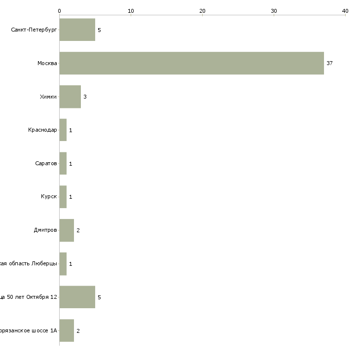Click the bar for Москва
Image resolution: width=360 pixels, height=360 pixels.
191,63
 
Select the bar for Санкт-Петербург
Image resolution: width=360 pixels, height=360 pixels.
77,30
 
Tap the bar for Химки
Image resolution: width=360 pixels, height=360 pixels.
70,97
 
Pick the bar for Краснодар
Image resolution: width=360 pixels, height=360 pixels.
63,130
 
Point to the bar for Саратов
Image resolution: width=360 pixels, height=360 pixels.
63,164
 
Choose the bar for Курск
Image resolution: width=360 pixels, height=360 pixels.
63,197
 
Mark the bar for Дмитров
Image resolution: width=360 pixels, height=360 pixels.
67,230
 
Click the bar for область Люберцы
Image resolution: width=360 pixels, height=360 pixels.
63,264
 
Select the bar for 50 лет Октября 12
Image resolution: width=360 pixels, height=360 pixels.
77,297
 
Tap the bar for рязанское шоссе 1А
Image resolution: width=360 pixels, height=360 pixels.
67,330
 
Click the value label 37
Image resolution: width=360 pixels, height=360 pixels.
329,64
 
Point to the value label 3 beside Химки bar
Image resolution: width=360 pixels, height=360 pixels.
85,97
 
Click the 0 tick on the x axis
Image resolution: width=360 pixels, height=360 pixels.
59,11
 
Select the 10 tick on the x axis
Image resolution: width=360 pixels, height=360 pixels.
131,11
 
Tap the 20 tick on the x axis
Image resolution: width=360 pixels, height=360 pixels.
202,11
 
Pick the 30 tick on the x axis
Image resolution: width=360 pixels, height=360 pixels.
274,11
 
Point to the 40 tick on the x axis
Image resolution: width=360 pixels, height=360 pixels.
345,11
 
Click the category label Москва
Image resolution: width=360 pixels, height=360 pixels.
47,64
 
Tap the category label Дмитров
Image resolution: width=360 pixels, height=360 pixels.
45,230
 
